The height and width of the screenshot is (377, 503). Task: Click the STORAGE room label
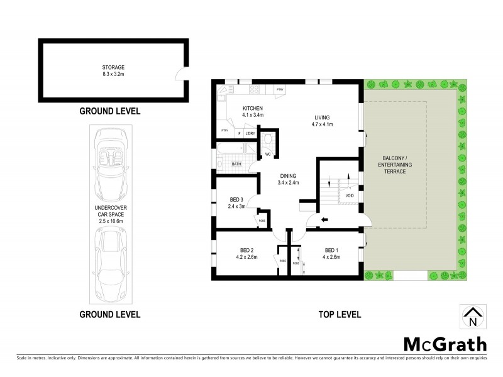click(113, 67)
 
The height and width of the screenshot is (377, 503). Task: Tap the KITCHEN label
click(253, 108)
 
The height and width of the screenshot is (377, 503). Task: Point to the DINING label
click(288, 176)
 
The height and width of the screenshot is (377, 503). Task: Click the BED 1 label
click(331, 249)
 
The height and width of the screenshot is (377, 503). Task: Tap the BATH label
click(236, 165)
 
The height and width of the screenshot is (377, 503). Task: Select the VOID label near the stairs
click(350, 196)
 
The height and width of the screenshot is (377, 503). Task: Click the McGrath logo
click(445, 344)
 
